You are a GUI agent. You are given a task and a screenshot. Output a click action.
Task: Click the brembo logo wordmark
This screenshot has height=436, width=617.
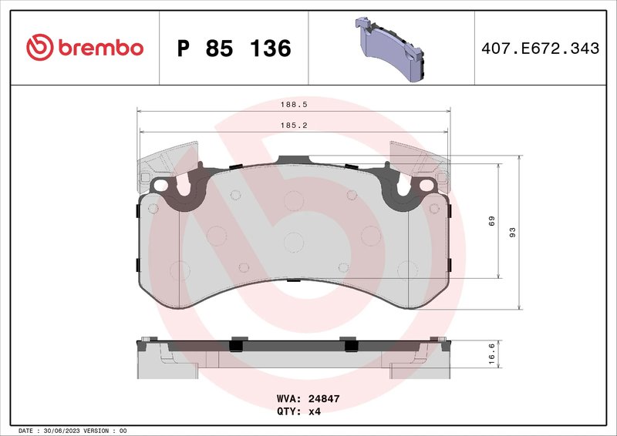pos(98,48)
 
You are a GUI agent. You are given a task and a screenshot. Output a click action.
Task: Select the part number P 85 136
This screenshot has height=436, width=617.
pos(234,49)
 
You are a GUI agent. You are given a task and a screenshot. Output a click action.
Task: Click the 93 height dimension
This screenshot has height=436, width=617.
pos(512,232)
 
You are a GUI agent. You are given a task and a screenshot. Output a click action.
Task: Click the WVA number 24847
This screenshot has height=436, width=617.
pos(324,400)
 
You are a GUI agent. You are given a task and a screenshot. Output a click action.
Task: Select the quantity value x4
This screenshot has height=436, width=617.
pos(314,411)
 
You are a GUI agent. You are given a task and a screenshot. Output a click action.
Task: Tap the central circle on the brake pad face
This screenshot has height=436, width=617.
pos(294,242)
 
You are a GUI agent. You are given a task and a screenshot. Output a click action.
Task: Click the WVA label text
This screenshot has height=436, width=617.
pos(288,400)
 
